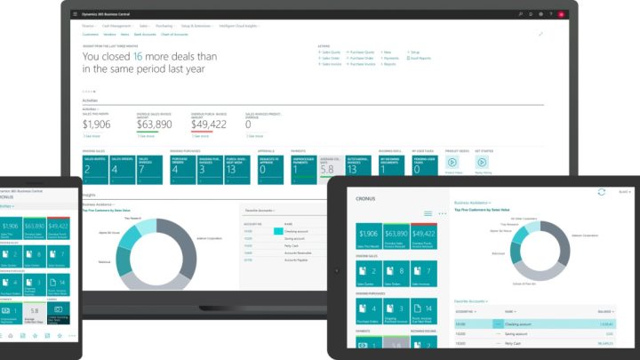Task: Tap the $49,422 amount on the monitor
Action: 209,124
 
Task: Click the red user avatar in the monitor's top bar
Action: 561,14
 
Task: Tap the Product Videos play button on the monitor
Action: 453,164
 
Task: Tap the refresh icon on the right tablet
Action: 602,191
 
